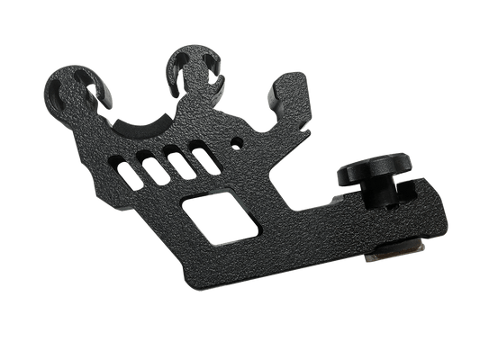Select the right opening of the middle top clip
tap(208, 66)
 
